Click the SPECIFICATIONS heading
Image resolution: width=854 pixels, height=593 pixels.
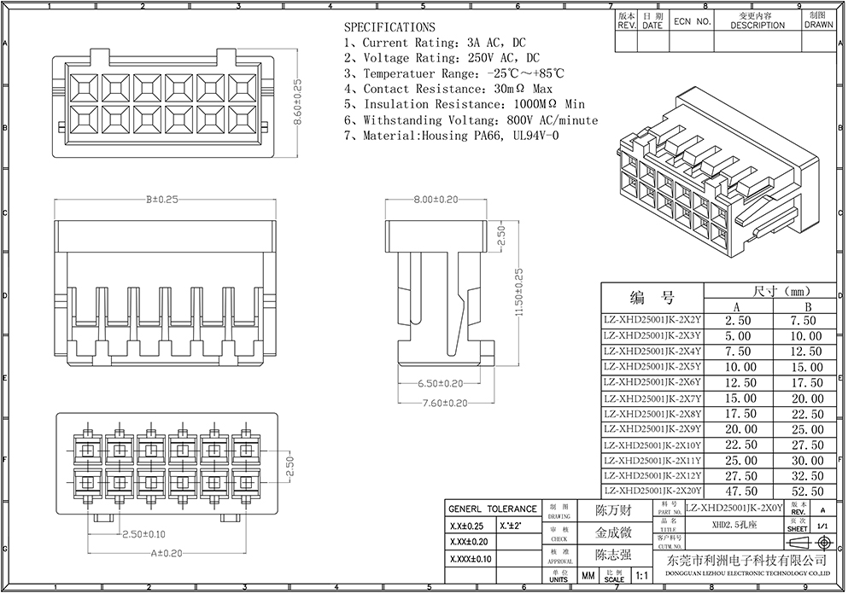point(389,27)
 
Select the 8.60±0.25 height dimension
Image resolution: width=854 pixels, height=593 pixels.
point(297,103)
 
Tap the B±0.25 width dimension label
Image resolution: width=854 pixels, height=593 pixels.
point(162,199)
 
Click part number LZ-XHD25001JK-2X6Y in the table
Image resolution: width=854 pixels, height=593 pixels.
point(652,382)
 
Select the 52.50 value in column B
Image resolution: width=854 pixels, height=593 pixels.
point(807,491)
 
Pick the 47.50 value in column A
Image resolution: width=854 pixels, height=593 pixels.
point(740,491)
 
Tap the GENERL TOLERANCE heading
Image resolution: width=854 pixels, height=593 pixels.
point(493,509)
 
